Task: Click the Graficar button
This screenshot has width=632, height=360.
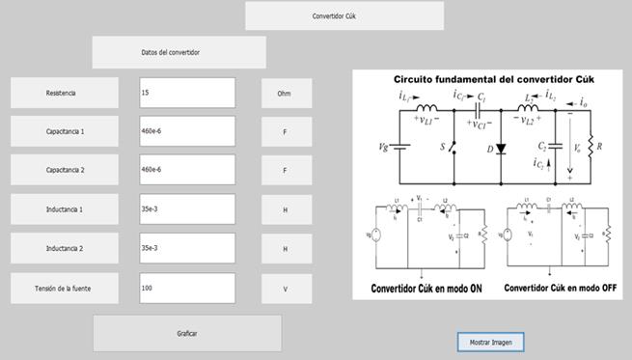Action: tap(187, 333)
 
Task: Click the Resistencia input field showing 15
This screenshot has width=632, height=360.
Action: tap(187, 93)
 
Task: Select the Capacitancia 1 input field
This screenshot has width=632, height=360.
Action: tap(187, 131)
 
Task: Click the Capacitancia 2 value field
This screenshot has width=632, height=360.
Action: tap(187, 170)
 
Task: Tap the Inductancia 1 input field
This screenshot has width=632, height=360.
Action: tap(187, 209)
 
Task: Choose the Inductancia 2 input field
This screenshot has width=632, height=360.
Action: tap(187, 248)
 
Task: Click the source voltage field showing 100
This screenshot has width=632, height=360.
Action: tap(187, 288)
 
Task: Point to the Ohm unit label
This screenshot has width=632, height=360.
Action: tap(284, 94)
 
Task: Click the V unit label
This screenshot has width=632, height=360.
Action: tap(284, 288)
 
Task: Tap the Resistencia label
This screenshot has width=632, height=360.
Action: tap(65, 93)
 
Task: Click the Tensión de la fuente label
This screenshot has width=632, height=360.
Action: tap(65, 288)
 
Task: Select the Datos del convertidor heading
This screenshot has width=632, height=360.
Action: tap(179, 52)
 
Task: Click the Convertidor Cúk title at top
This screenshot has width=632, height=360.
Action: tap(344, 16)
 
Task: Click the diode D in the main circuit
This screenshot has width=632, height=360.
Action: tap(500, 149)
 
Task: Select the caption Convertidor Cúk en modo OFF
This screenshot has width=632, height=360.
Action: tap(561, 287)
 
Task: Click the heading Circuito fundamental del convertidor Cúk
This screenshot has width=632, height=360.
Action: tap(491, 78)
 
